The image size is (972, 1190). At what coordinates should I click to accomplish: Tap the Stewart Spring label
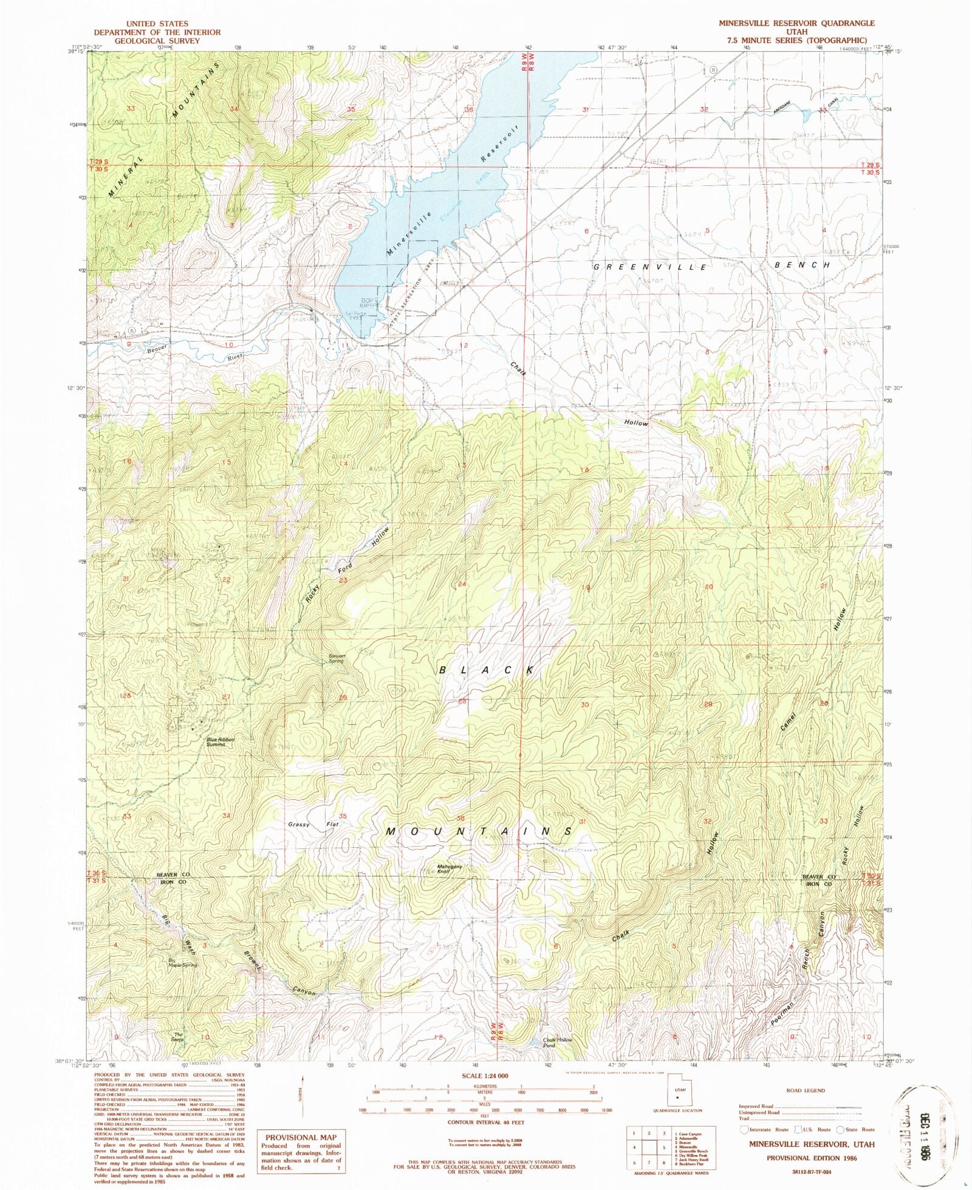tap(337, 658)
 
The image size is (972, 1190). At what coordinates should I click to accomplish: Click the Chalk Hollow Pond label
tap(557, 1042)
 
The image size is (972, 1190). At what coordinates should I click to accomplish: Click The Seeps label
tap(179, 1037)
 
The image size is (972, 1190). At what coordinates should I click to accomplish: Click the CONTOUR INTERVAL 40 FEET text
tap(485, 1123)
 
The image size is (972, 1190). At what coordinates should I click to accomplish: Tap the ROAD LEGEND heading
tap(806, 1090)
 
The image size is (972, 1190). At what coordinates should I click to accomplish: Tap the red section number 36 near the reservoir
tap(468, 110)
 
